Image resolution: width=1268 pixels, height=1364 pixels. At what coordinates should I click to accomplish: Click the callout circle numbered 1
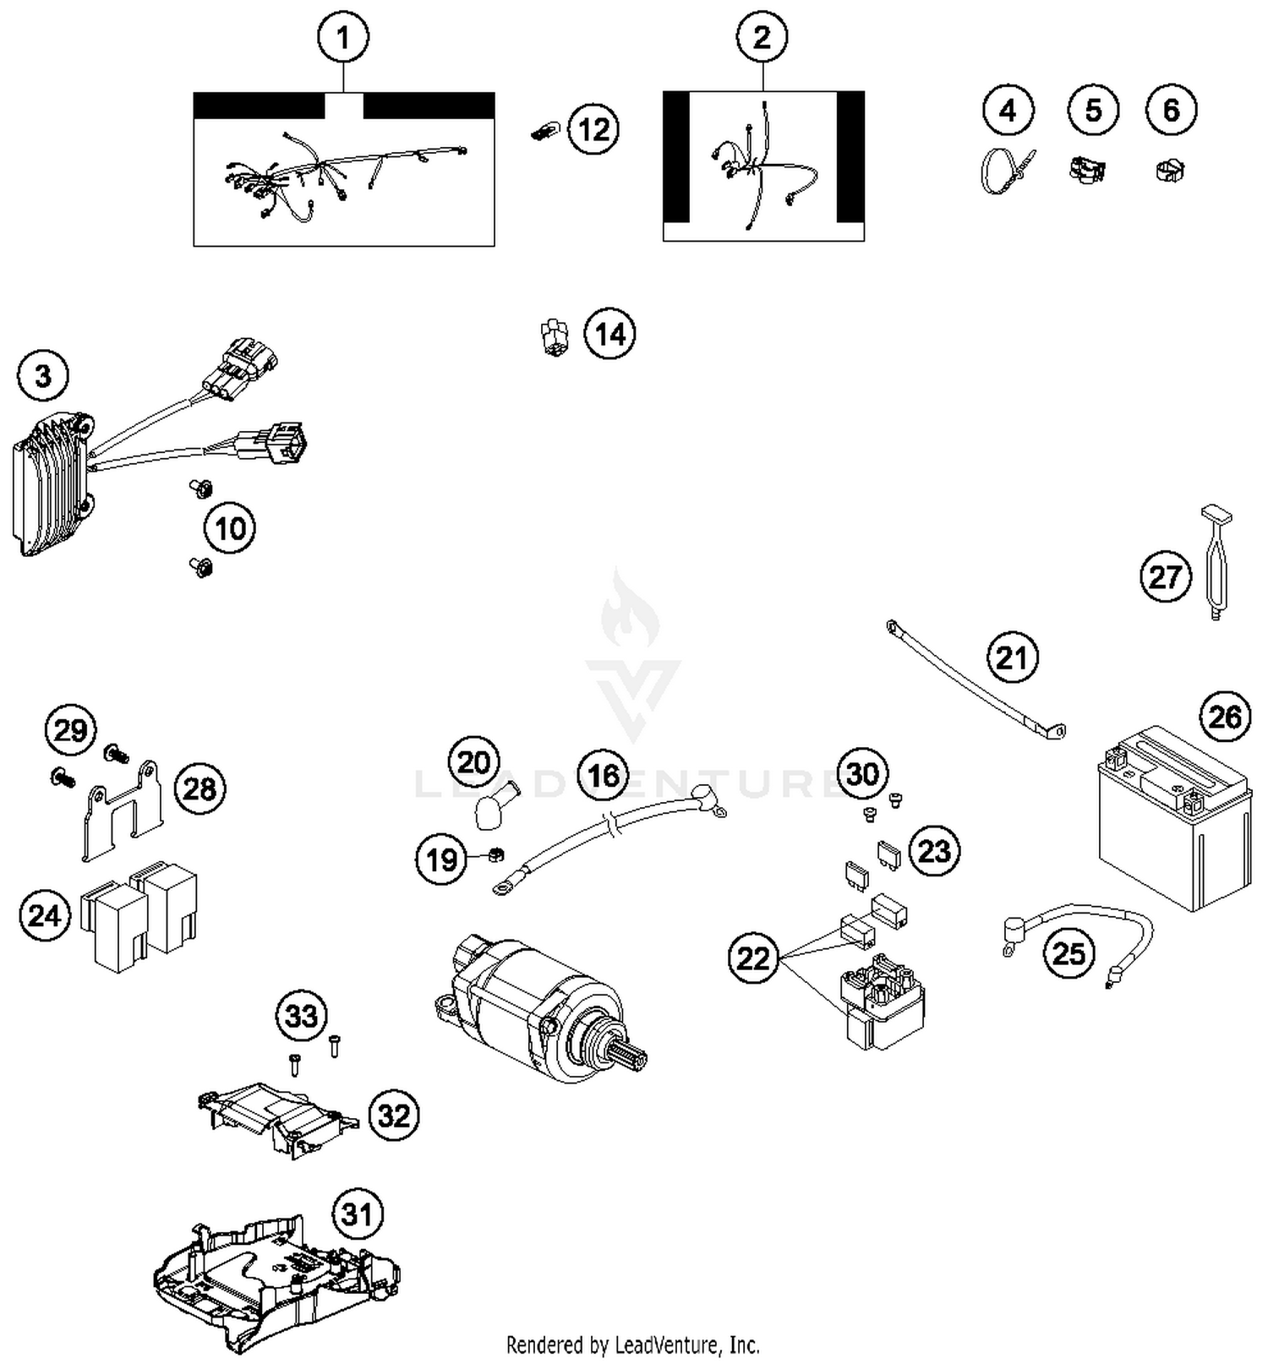tap(342, 38)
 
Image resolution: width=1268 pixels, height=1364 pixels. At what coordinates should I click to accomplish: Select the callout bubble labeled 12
tap(593, 129)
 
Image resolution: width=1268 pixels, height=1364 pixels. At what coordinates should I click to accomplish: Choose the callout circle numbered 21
tap(1012, 657)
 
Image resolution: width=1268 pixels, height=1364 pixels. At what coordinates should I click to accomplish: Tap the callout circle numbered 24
tap(44, 915)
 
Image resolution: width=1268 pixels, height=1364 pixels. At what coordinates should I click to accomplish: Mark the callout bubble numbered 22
tap(753, 958)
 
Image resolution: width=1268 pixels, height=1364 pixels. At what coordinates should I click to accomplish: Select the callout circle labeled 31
tap(357, 1214)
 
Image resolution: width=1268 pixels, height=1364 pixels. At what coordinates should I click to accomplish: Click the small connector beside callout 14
tap(554, 336)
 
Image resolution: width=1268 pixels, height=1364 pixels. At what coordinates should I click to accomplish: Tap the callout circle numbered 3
tap(43, 375)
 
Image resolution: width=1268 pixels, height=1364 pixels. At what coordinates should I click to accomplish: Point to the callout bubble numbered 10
tap(230, 529)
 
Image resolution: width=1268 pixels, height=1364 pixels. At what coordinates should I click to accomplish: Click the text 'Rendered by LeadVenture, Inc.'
tap(632, 1344)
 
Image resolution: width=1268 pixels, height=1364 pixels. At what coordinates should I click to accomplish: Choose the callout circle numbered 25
tap(1069, 953)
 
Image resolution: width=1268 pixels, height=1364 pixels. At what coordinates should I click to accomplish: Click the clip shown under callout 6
tap(1169, 170)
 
